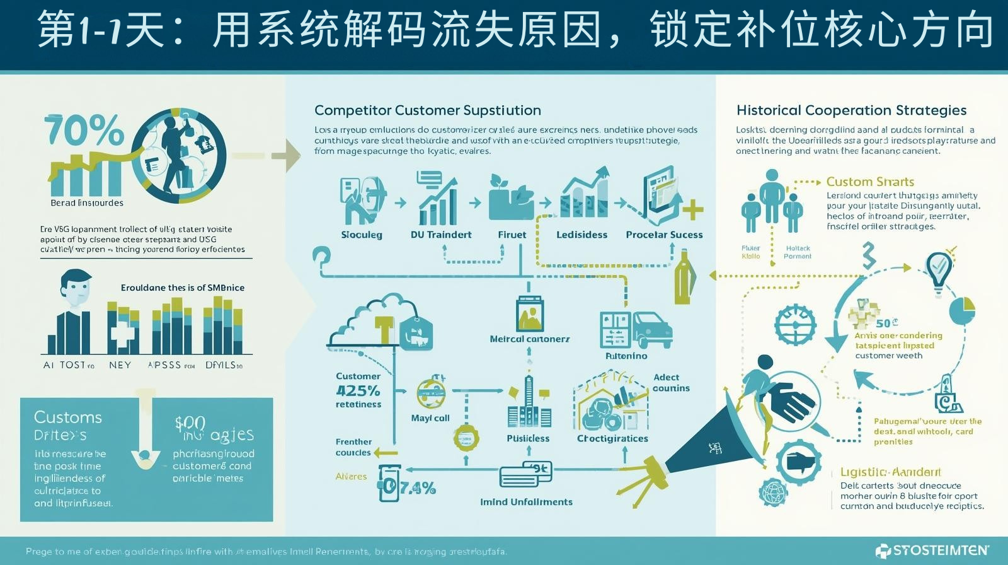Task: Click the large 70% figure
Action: pyautogui.click(x=84, y=131)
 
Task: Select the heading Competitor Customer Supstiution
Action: pyautogui.click(x=427, y=110)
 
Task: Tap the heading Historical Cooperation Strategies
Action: pyautogui.click(x=851, y=110)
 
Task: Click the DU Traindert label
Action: pyautogui.click(x=441, y=235)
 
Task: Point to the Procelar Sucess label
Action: pyautogui.click(x=664, y=235)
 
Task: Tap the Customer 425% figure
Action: pyautogui.click(x=358, y=390)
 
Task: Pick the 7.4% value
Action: pyautogui.click(x=417, y=487)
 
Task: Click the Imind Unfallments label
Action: pyautogui.click(x=526, y=502)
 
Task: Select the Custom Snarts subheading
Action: pyautogui.click(x=869, y=182)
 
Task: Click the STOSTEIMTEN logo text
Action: pyautogui.click(x=940, y=550)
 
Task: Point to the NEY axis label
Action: pyautogui.click(x=120, y=365)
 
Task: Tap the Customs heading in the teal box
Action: pyautogui.click(x=67, y=417)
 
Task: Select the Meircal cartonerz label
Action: pyautogui.click(x=529, y=339)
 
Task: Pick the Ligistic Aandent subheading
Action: pyautogui.click(x=890, y=472)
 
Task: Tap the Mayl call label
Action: pyautogui.click(x=430, y=418)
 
